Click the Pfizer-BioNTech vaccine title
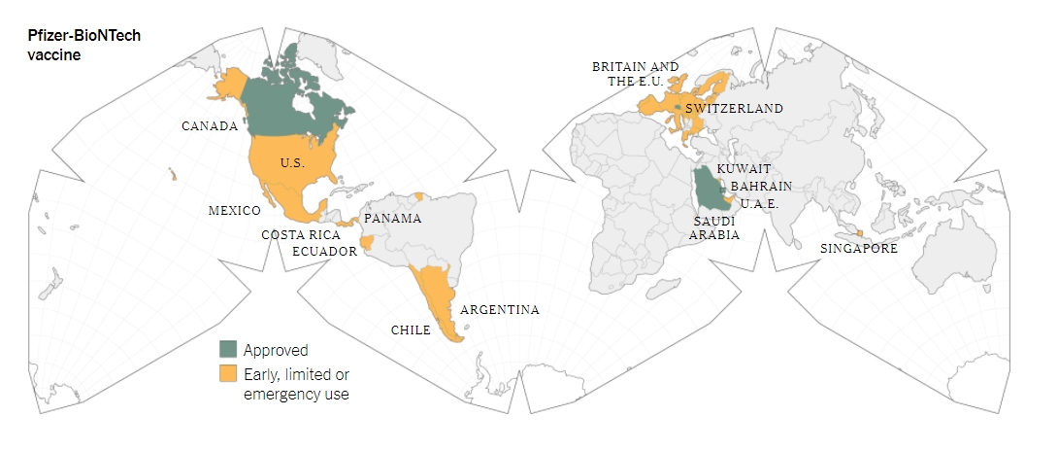click(x=84, y=44)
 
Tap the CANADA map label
click(x=210, y=126)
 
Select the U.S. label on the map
click(x=292, y=162)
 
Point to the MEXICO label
click(x=235, y=211)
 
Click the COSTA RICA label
click(x=300, y=235)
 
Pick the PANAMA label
click(x=393, y=219)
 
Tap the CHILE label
click(x=410, y=330)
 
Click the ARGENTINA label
click(x=500, y=310)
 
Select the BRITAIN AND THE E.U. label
click(x=636, y=74)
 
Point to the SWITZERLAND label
click(x=734, y=109)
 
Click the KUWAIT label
click(x=744, y=169)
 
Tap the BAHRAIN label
click(x=761, y=186)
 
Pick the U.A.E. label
click(x=759, y=203)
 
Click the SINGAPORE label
click(x=859, y=249)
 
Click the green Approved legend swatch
click(x=228, y=349)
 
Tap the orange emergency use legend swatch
click(x=228, y=374)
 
